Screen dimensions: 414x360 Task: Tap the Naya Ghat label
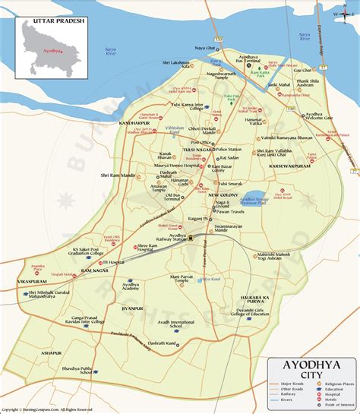206,48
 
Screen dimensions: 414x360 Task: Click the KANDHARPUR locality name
135,122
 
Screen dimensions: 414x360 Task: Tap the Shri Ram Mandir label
116,175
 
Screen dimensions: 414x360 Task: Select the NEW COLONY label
225,196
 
